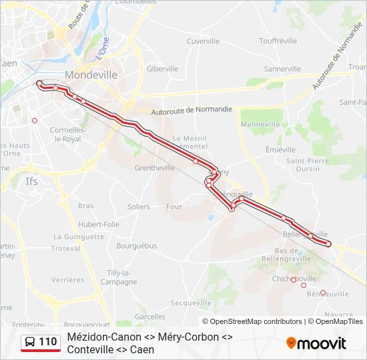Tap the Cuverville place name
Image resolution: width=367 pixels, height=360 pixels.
(x=203, y=41)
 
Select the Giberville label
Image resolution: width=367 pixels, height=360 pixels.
(x=162, y=69)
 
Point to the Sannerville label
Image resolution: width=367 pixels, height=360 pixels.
(x=282, y=69)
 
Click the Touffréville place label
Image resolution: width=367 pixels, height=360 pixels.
(x=278, y=41)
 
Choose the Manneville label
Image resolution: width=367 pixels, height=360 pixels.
(x=260, y=124)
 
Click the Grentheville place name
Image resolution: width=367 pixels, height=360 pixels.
(x=155, y=168)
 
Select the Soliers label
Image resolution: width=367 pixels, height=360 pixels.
(x=139, y=207)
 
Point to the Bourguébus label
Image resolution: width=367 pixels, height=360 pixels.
(x=136, y=245)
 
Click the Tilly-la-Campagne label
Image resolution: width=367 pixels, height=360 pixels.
(x=118, y=277)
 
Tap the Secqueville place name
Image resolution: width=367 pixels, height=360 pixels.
(x=191, y=303)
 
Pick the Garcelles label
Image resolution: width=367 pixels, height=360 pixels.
(x=150, y=316)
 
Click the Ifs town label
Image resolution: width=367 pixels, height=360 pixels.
(x=31, y=181)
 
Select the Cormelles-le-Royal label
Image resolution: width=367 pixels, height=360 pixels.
(x=67, y=135)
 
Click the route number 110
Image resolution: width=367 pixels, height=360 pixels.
(x=47, y=342)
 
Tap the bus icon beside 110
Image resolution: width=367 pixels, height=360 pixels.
(x=30, y=343)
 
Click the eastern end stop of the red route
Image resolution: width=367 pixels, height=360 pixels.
(x=328, y=244)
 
